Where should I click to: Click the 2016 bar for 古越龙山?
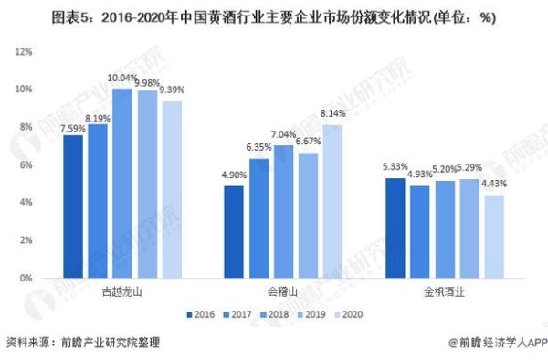point(73,206)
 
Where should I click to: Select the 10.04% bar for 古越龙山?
point(122,183)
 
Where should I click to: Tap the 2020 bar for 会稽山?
point(332,201)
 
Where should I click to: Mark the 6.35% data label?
point(259,148)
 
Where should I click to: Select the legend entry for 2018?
point(275,313)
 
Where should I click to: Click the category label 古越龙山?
point(122,293)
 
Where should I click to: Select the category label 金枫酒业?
point(444,293)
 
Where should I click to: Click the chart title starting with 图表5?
point(274,16)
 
